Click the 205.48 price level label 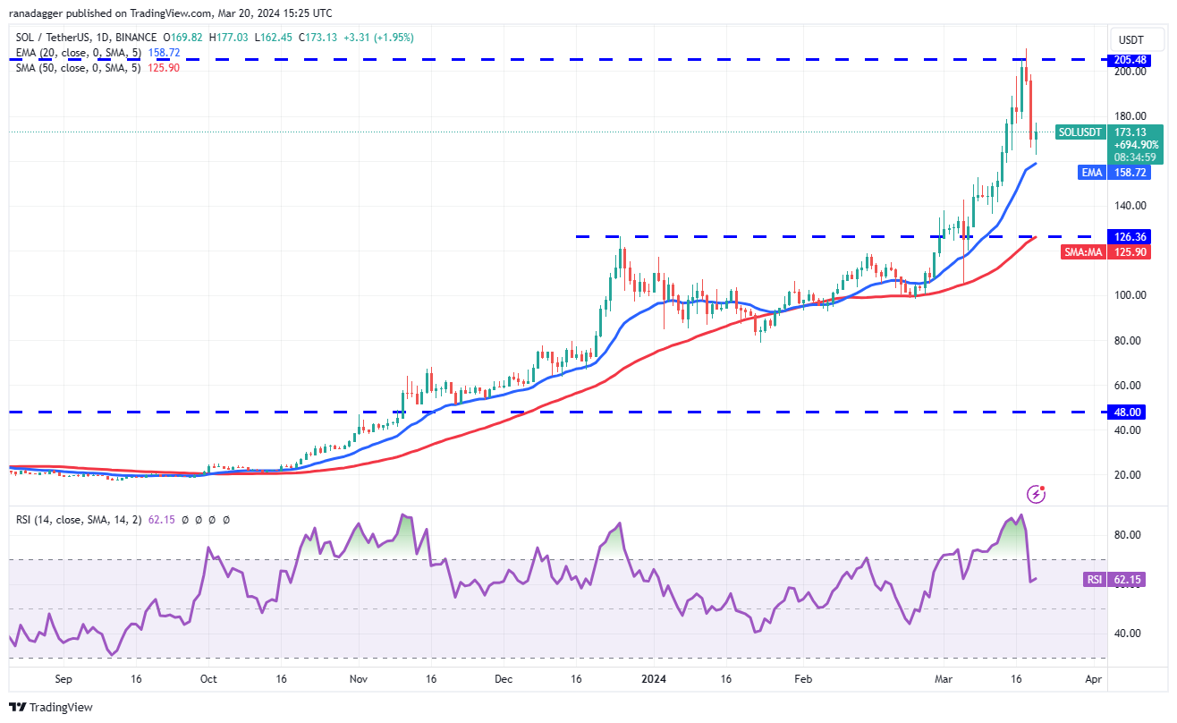click(1129, 60)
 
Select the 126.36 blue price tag click(1129, 236)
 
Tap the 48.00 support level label click(1126, 413)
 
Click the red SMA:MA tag click(1083, 252)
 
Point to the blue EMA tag click(1092, 173)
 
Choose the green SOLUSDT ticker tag click(1080, 132)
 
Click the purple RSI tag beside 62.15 click(1095, 580)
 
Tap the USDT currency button click(1131, 40)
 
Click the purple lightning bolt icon click(1037, 494)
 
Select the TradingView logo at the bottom click(51, 707)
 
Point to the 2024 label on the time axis click(654, 679)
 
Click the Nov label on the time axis click(359, 679)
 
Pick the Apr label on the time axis click(1094, 679)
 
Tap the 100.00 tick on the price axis click(1130, 295)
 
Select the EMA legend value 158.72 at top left click(164, 53)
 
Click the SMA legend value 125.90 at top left click(164, 68)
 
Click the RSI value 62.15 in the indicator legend click(161, 520)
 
